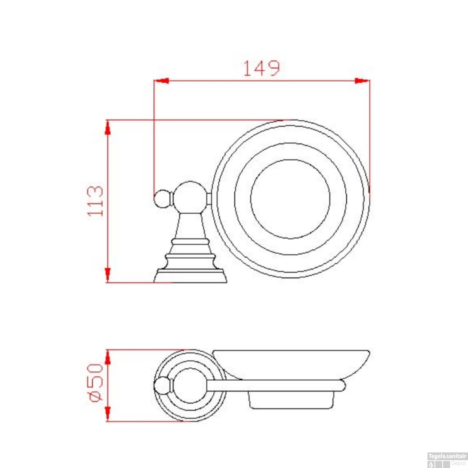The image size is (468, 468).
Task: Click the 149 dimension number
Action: (x=261, y=68)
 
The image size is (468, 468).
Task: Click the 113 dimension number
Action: (x=95, y=201)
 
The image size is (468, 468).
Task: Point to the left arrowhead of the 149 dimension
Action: (x=161, y=81)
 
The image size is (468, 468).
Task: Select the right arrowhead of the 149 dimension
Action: (x=362, y=81)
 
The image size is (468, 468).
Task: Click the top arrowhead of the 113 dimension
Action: (x=108, y=128)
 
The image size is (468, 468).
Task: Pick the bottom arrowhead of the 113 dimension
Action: (x=108, y=275)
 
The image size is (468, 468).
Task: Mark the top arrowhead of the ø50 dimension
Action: (x=108, y=357)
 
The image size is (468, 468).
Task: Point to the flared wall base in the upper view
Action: (x=190, y=276)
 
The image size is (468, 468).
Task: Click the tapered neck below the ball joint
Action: (x=190, y=226)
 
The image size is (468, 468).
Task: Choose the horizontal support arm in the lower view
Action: (x=275, y=385)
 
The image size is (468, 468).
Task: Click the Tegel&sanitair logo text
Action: (x=447, y=456)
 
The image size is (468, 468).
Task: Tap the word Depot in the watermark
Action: (x=458, y=463)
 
